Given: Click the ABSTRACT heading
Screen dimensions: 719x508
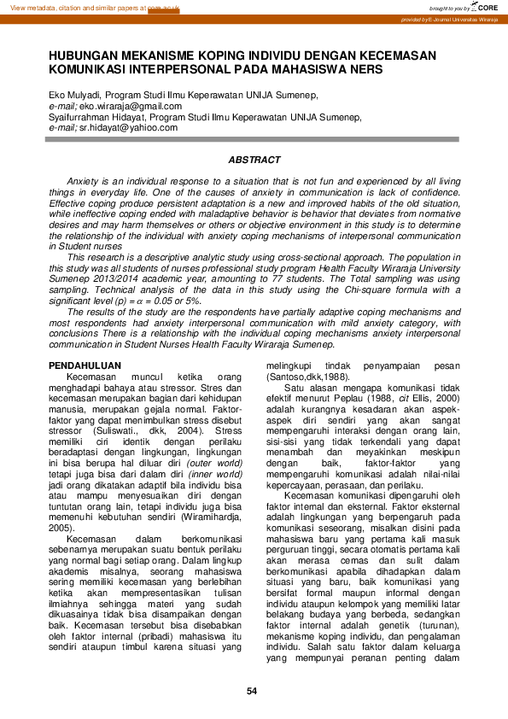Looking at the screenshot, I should (254, 160).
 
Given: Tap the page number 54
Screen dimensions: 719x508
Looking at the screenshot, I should (252, 691).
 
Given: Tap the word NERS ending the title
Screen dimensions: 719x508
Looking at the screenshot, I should (364, 68).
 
